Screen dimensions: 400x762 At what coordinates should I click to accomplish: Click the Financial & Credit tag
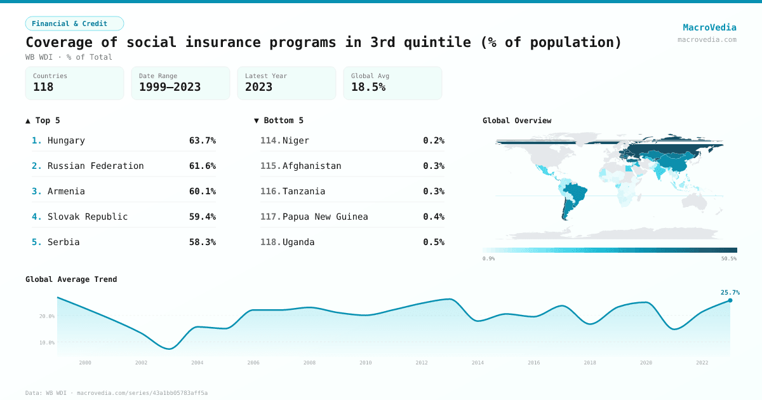[74, 23]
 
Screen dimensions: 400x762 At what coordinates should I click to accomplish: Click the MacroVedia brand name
[709, 27]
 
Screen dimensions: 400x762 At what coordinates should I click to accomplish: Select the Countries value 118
[43, 87]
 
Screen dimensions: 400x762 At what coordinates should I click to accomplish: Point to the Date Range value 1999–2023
[170, 87]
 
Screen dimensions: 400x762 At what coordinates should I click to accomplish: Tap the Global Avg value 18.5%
[368, 87]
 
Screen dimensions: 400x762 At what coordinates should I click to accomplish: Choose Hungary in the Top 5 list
[66, 140]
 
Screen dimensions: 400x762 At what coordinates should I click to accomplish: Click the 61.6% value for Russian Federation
[202, 166]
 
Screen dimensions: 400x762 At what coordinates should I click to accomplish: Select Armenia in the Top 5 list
[66, 191]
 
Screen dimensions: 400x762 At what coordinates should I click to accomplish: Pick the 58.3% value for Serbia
[202, 242]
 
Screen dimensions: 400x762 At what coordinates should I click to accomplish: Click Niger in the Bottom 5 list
[296, 140]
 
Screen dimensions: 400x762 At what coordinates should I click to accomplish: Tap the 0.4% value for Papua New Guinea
[434, 217]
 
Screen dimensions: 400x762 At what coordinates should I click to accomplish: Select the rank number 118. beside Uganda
[271, 242]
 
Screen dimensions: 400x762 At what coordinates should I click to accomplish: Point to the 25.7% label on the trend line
[730, 292]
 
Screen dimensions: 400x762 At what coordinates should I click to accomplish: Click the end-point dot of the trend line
[730, 300]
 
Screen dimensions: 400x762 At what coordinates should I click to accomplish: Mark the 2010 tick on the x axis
[365, 363]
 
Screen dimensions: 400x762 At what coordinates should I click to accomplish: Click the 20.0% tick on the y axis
[47, 316]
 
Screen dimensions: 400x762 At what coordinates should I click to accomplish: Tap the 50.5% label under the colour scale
[728, 258]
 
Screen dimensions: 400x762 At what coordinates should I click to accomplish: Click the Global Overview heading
[517, 120]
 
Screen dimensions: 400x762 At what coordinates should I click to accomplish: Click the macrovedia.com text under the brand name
[707, 39]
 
